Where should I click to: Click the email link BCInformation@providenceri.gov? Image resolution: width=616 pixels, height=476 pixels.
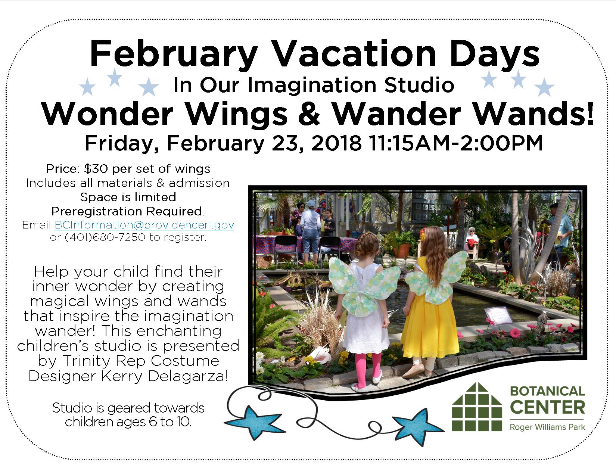(144, 225)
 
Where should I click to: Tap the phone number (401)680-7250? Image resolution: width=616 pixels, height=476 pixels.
(105, 237)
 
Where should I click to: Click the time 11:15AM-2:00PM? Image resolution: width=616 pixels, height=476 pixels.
(455, 143)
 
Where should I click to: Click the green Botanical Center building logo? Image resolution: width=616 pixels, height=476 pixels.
(477, 407)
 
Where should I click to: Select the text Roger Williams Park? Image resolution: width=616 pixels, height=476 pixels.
(547, 427)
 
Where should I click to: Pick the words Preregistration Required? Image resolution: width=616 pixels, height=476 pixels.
(128, 211)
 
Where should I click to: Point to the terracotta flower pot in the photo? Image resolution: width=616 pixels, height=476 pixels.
(402, 251)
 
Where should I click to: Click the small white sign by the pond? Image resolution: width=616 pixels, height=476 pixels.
(498, 315)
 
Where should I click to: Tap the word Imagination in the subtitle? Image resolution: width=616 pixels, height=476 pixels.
(314, 85)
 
